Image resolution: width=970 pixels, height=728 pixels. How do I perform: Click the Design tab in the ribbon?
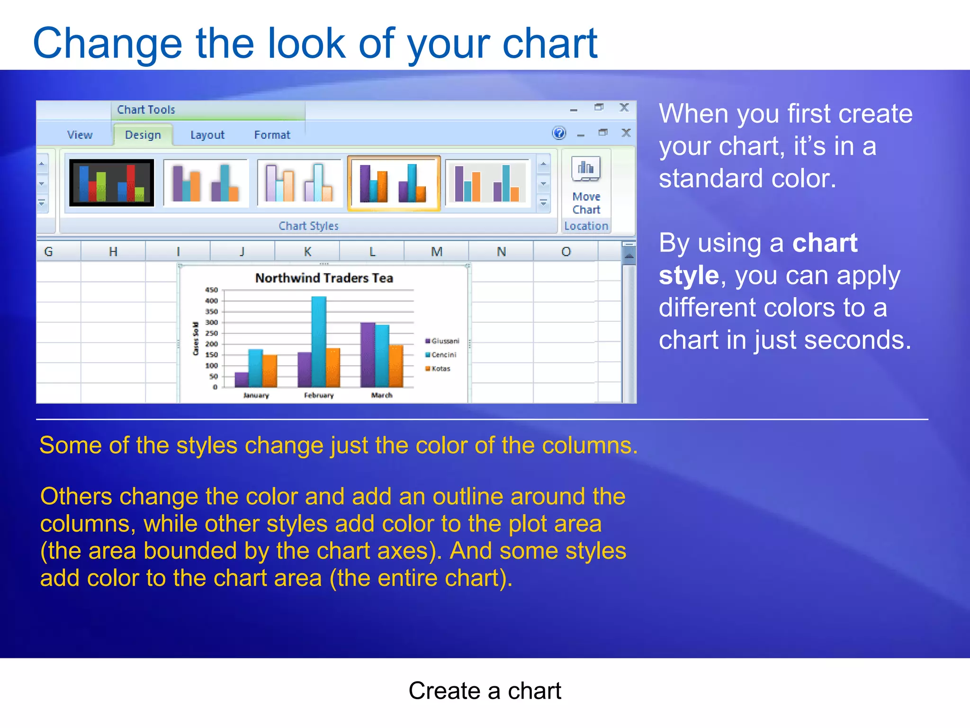point(143,135)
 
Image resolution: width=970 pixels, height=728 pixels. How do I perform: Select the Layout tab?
point(207,135)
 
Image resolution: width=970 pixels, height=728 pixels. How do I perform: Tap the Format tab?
point(272,135)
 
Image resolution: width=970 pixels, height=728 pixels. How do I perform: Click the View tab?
point(80,135)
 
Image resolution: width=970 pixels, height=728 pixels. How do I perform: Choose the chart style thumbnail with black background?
point(112,182)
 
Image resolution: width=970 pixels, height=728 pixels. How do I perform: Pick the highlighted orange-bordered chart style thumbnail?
point(394,183)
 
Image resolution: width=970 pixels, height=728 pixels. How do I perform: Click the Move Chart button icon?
point(586,169)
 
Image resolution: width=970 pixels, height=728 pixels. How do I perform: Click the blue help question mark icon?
point(559,133)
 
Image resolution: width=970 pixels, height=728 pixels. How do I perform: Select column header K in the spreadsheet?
point(307,252)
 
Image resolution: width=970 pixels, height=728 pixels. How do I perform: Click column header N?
point(501,252)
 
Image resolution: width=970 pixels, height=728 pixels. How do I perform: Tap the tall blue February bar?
point(319,341)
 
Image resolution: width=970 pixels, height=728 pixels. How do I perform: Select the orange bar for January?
point(270,371)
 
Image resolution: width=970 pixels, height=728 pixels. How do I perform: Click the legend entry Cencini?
point(443,355)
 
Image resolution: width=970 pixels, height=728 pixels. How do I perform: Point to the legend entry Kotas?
point(440,368)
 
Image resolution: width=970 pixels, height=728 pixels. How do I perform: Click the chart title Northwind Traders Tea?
point(324,278)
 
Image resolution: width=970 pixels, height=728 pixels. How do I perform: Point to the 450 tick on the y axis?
point(211,290)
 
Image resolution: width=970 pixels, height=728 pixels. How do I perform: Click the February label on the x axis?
point(319,395)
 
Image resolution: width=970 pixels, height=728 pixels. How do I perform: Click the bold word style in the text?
point(689,275)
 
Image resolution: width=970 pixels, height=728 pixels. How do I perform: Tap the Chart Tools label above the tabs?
point(146,110)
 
